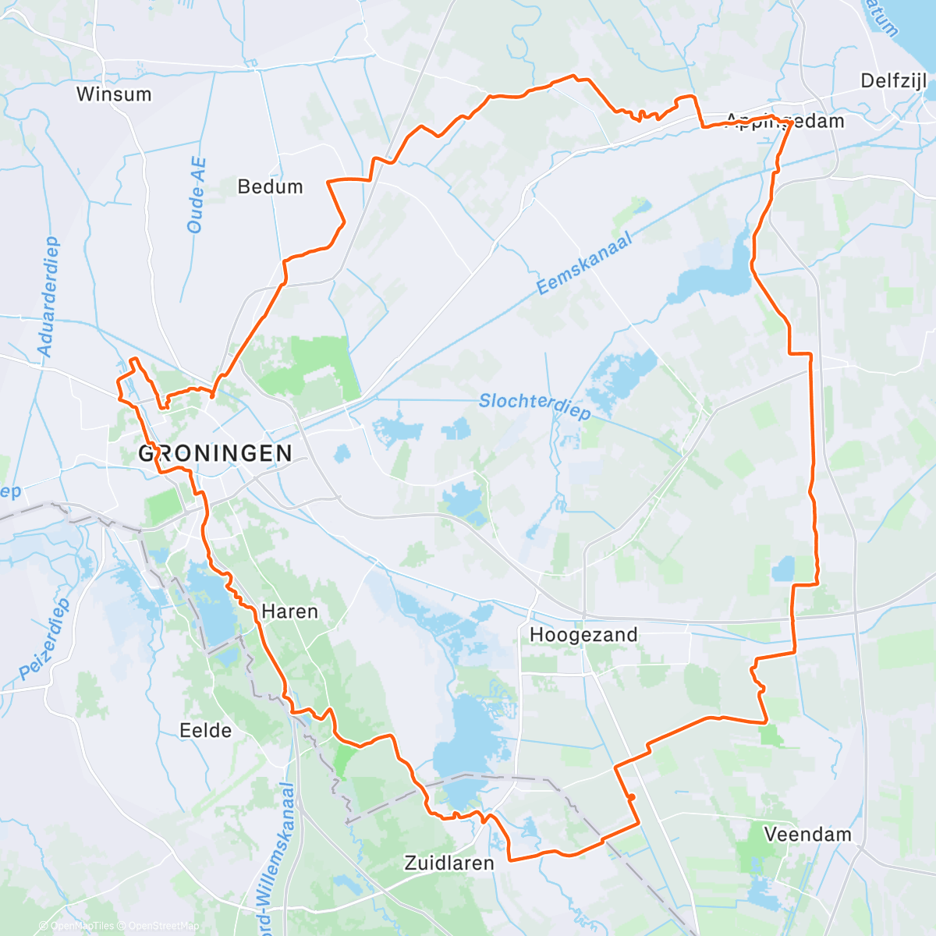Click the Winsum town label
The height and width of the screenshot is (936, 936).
click(x=114, y=94)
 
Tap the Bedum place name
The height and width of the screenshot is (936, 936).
click(x=270, y=187)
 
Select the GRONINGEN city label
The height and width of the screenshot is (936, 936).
click(x=215, y=453)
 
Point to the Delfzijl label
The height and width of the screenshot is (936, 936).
click(x=893, y=81)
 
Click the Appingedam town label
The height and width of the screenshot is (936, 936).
click(x=785, y=121)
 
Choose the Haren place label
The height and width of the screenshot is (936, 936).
click(x=289, y=612)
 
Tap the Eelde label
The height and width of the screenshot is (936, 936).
click(x=205, y=731)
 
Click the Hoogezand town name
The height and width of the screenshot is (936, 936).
click(x=583, y=635)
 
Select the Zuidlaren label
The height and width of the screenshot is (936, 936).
click(x=449, y=863)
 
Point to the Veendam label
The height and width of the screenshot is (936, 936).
click(x=807, y=835)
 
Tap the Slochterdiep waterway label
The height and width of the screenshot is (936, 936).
click(x=534, y=405)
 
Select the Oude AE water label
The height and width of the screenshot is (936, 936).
click(x=197, y=195)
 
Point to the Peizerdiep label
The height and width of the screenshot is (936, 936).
click(x=44, y=639)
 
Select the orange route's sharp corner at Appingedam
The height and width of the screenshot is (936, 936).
click(x=792, y=122)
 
